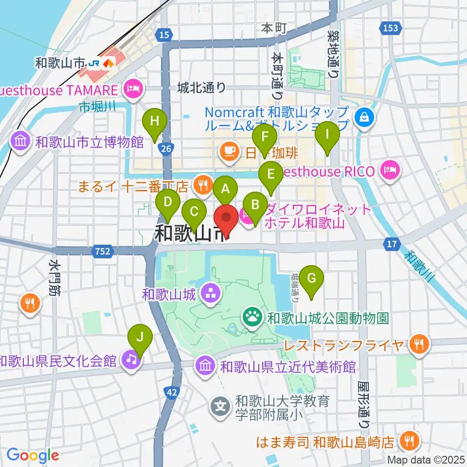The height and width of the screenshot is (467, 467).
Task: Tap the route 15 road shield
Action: [165, 34]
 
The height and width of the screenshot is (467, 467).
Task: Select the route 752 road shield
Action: [102, 251]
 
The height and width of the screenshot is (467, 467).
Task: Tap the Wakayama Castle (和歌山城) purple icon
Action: [211, 293]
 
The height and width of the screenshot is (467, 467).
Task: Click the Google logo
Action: [33, 455]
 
